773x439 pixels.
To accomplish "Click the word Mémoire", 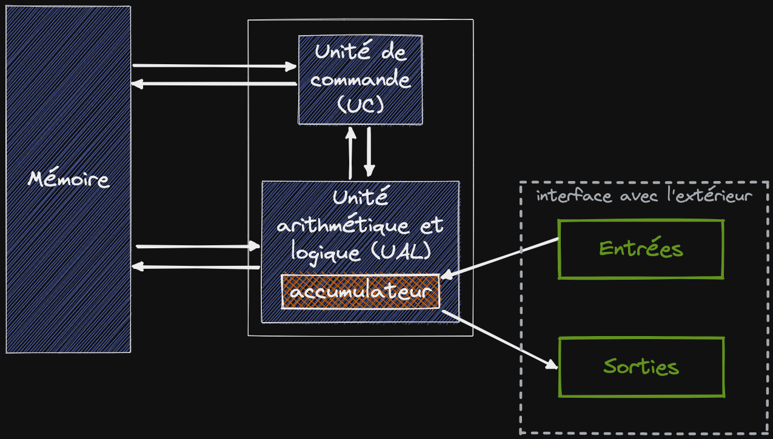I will point(69,179).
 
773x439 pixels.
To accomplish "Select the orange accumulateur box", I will point(361,292).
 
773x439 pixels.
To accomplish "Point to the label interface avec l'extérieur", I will point(644,196).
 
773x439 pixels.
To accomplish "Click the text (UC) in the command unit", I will point(360,105).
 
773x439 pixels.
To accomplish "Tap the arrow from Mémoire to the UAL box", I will point(198,246).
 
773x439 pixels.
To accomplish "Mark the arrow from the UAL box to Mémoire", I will point(198,266).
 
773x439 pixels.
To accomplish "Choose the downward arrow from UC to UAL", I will point(369,151).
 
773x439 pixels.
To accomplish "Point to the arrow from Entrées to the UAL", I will point(500,259).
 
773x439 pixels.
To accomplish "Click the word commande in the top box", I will point(360,79).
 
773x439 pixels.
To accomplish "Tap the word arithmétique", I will point(339,226).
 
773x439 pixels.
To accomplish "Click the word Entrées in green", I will point(641,248).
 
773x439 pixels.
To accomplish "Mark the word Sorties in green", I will point(641,366).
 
